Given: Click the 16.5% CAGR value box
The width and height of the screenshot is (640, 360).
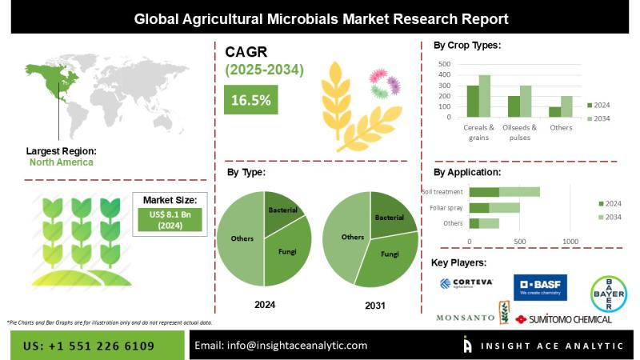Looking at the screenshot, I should (x=250, y=100).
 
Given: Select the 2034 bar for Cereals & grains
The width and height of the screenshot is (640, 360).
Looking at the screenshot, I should (x=484, y=96).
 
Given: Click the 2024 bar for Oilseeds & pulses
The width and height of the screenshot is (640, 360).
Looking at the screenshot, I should (x=514, y=106).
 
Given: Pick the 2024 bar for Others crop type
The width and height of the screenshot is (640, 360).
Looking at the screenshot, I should (x=554, y=112).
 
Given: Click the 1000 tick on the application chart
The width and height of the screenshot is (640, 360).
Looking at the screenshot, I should (x=570, y=240).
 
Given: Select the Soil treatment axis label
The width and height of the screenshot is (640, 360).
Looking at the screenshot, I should (x=443, y=192).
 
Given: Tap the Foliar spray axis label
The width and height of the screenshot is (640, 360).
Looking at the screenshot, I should (x=446, y=207).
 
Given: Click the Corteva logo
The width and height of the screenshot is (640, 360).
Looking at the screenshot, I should (x=467, y=284).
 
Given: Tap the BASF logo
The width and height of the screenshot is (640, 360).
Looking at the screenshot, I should (x=539, y=286).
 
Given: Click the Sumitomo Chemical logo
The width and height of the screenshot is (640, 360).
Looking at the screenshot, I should (x=563, y=318).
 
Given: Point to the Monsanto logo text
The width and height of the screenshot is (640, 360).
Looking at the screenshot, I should (x=464, y=318).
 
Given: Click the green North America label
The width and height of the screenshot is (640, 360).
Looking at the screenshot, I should (x=61, y=162).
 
